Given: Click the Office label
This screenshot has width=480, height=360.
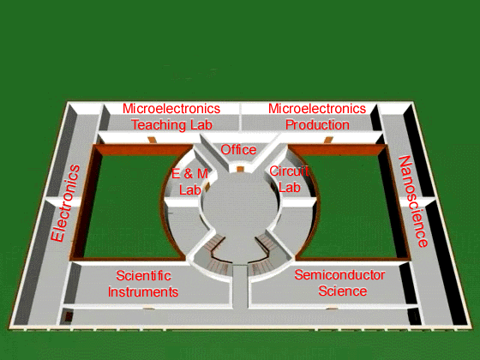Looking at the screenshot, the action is [x=238, y=150].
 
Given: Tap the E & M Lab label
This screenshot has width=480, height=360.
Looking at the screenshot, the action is [x=189, y=182].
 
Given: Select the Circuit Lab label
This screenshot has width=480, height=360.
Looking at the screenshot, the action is [x=289, y=179].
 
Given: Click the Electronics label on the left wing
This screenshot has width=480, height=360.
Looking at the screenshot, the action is [x=65, y=203].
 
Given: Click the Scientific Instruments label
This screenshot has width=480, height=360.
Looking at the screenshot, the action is [x=143, y=284].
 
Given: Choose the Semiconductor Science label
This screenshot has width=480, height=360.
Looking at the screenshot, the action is [x=339, y=283].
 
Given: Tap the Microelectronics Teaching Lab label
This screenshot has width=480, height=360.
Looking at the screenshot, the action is [x=171, y=117].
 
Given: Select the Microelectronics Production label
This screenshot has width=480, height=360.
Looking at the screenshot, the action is [x=317, y=117].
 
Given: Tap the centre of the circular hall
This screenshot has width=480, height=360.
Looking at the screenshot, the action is [x=240, y=211].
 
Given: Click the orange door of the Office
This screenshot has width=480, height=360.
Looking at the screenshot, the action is [x=240, y=170].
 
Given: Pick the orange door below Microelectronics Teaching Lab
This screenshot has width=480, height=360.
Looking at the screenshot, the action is [x=153, y=140].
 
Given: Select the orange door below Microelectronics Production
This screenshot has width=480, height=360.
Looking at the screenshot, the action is [x=328, y=140].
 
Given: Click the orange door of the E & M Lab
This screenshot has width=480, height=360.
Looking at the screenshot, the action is [x=207, y=187].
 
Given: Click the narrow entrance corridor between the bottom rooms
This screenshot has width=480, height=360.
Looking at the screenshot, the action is [x=240, y=286].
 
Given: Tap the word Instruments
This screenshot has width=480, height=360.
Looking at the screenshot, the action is [x=143, y=291].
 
